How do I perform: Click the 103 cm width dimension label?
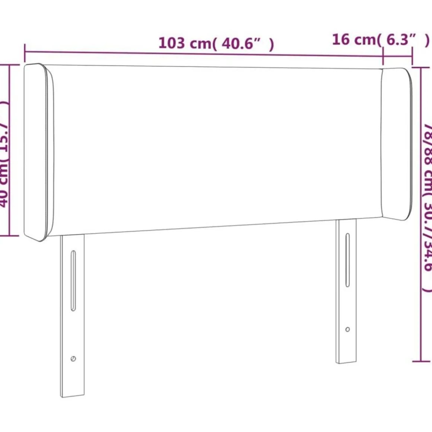click(x=216, y=43)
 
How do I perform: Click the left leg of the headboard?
click(x=73, y=317)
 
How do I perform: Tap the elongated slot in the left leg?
click(x=73, y=280)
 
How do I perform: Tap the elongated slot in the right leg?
click(x=347, y=260)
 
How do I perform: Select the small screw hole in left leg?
click(x=73, y=359)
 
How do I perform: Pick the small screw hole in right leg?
click(x=347, y=329)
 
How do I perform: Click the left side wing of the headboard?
click(x=38, y=153)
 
